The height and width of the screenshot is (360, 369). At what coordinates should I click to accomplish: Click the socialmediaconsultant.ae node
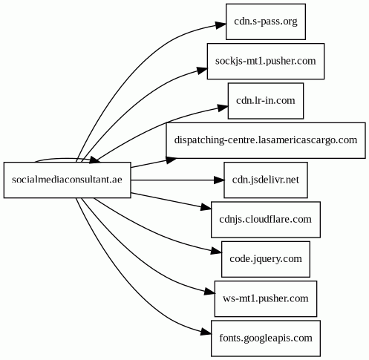point(67,180)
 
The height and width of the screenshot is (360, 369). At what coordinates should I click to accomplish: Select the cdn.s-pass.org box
point(266,22)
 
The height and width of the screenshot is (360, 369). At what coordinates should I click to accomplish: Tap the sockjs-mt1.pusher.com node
point(266,61)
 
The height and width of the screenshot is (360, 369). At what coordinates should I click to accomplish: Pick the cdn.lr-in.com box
point(266,101)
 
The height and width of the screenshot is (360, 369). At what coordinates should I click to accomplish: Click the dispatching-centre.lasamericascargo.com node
point(266,140)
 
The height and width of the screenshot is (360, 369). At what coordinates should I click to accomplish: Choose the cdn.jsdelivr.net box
point(266,180)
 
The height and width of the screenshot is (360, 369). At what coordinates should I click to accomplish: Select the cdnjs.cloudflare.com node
point(266,220)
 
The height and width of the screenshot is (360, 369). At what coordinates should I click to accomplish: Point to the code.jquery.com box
point(266,259)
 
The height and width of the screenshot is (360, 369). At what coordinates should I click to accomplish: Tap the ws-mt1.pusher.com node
point(266,298)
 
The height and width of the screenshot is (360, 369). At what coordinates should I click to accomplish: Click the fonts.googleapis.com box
point(266,338)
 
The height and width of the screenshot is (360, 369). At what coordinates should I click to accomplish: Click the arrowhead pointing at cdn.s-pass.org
point(221,25)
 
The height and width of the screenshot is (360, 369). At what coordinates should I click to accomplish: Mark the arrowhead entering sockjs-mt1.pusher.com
point(202,71)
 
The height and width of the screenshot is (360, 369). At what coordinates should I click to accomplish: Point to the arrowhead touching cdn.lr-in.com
point(223,108)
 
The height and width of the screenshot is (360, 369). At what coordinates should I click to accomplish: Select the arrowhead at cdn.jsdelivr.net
point(219,180)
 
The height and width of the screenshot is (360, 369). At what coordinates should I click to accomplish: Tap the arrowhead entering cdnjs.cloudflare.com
point(206,207)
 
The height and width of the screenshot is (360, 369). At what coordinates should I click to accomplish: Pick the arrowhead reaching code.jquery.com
point(216,252)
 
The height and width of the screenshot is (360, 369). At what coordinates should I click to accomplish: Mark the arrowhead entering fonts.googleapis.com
point(206,333)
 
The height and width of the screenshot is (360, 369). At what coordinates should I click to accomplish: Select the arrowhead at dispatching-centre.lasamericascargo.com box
point(171,160)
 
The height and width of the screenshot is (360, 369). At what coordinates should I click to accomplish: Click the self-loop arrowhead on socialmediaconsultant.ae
point(94,160)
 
